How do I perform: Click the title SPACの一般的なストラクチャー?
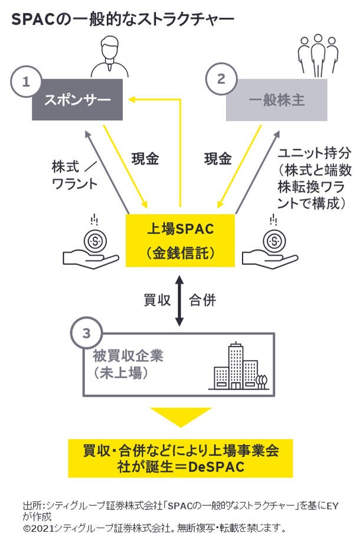(123, 19)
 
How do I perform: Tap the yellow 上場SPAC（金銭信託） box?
(180, 240)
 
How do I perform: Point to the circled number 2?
(221, 78)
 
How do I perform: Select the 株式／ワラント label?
(74, 175)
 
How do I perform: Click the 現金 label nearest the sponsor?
(145, 159)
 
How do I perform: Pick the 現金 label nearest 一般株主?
(218, 159)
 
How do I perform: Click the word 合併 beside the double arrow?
(202, 300)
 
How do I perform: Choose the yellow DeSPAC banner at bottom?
(180, 458)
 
